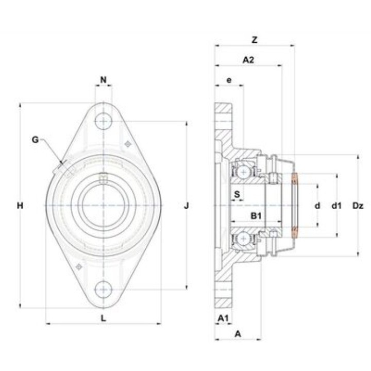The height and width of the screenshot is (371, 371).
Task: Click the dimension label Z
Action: pos(255,40)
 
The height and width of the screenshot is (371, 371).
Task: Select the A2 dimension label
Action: pos(248,60)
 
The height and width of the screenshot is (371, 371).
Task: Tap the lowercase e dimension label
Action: pos(229,80)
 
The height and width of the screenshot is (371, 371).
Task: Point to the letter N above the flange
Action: pos(104,80)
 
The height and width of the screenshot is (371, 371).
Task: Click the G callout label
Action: pos(35,140)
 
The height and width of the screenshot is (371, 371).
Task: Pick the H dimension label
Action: pos(20,206)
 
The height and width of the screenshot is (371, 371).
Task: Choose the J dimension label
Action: pos(187,206)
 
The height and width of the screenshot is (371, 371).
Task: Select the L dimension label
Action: pos(104,318)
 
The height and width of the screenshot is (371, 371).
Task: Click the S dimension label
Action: pos(237,194)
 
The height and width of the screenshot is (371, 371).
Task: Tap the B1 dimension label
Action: pos(256,216)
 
